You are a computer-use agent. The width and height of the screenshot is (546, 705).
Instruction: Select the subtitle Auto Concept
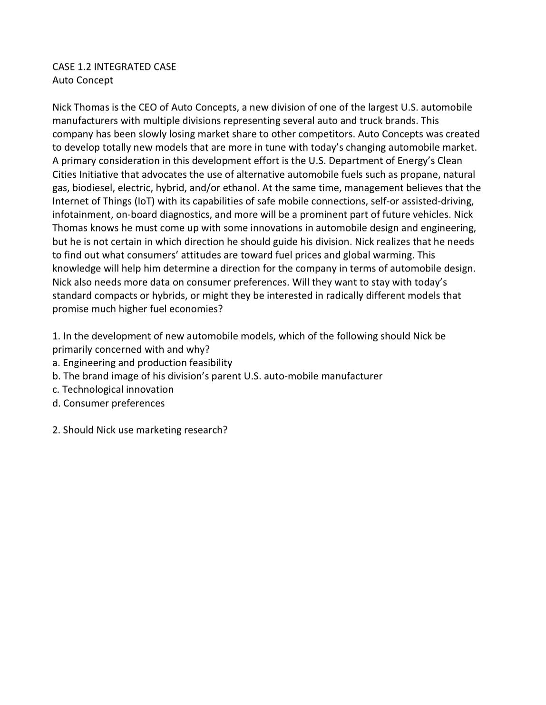(x=83, y=80)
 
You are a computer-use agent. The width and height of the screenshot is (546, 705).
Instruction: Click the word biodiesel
(x=92, y=188)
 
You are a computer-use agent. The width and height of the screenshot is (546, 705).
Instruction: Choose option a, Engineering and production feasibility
(x=142, y=363)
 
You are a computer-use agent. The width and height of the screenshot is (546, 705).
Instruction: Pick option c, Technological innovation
(x=113, y=389)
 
